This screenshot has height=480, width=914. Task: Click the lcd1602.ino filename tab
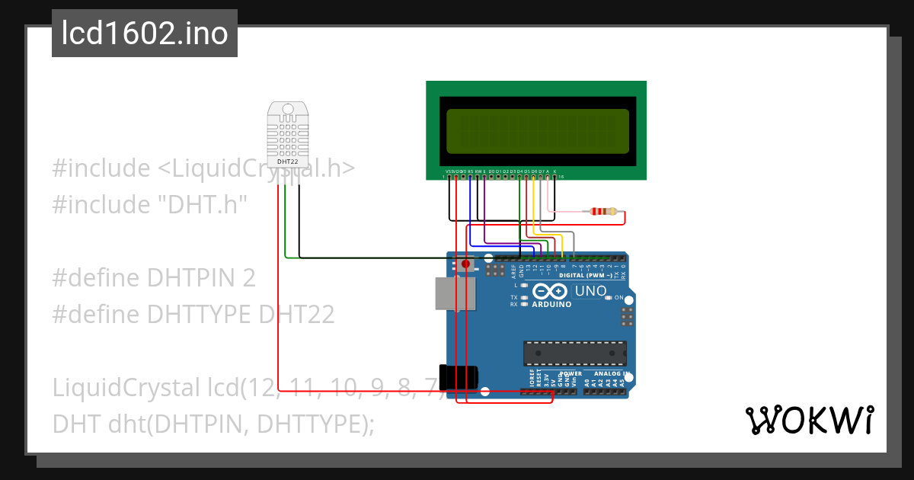[x=145, y=34]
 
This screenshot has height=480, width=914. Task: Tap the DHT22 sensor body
[x=288, y=136]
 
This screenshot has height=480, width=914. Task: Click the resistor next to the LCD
[x=603, y=212]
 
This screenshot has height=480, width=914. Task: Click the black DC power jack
[x=461, y=379]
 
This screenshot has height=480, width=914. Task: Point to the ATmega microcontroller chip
[x=575, y=354]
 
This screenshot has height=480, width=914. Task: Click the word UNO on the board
[x=590, y=291]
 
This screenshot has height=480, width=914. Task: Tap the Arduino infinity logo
[x=550, y=292]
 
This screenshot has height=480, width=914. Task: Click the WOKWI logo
[x=809, y=420]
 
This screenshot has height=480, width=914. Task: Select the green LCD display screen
[x=537, y=130]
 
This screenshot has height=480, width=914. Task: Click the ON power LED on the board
[x=609, y=298]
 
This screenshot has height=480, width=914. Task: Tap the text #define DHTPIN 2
[x=154, y=278]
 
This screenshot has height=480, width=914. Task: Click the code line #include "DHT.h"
[x=150, y=204]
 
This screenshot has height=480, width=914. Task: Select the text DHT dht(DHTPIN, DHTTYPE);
[x=214, y=424]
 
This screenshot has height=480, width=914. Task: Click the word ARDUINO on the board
[x=551, y=304]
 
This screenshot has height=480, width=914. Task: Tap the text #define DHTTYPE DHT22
[x=193, y=314]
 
